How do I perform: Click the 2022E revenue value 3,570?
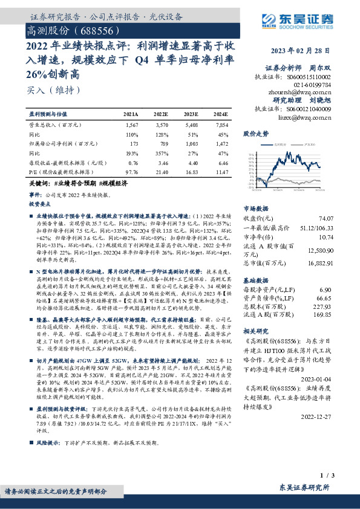pos(162,123)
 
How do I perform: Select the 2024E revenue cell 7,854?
pos(220,123)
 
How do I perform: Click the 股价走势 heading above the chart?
pos(255,132)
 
